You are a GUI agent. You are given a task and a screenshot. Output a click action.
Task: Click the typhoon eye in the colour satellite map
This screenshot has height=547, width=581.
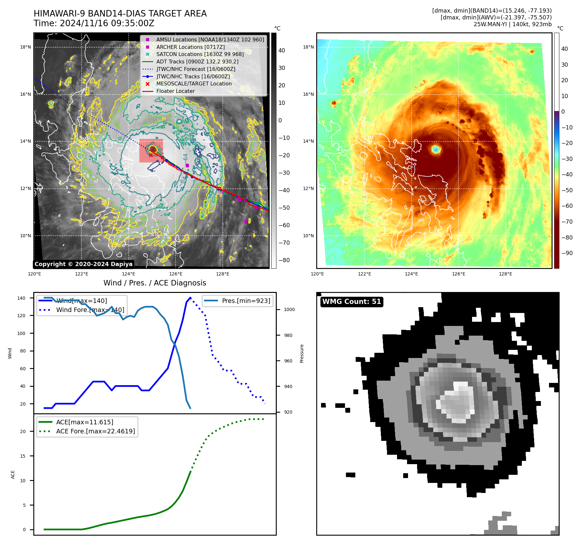[x=436, y=149]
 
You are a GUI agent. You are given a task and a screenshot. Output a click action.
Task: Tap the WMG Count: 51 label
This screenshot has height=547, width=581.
[x=352, y=302]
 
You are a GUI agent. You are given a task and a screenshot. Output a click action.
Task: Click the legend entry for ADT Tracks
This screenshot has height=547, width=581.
[x=197, y=61]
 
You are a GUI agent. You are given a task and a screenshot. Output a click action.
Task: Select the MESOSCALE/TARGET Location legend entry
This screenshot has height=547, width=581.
[x=194, y=84]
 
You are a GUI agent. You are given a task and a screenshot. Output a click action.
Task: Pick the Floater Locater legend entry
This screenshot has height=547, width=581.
[x=175, y=91]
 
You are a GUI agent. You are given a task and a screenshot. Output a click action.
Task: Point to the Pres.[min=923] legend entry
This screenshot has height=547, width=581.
[x=246, y=301]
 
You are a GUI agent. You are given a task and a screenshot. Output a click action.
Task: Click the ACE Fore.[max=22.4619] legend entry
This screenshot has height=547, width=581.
[x=95, y=431]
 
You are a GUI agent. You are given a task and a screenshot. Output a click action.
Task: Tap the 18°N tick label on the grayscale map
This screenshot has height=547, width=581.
[x=26, y=47]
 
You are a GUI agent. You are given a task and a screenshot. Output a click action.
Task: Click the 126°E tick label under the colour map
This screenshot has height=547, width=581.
[x=458, y=274]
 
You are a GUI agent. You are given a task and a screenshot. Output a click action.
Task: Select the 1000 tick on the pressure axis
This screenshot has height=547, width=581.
[x=289, y=309]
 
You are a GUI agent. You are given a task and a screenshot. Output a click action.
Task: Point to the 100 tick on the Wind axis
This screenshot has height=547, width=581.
[x=21, y=333]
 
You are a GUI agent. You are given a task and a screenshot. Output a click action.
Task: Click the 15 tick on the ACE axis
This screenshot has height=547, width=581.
[x=23, y=456]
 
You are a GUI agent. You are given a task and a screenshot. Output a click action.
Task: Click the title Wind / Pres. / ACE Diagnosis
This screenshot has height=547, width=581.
[x=155, y=283]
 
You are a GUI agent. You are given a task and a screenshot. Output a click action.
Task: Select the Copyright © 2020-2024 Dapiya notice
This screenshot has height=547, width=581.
[x=83, y=264]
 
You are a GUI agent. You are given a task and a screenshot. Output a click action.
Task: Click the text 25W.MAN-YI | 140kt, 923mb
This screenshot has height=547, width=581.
[x=512, y=24]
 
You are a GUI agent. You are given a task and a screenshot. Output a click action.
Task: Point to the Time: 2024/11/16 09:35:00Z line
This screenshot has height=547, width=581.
[x=94, y=23]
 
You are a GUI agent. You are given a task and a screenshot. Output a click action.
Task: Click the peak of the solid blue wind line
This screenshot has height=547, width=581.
[x=190, y=298]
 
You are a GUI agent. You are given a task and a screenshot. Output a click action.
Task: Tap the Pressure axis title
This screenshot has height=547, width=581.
[x=302, y=353]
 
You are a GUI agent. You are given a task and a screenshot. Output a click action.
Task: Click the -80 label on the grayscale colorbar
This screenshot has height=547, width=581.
[x=284, y=260]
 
